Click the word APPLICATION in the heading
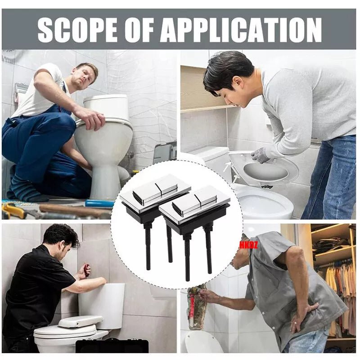click(241, 29)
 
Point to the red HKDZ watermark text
click(248, 245)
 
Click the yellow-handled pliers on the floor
click(14, 210)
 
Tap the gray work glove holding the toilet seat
click(261, 155)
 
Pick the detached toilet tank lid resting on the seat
click(81, 321)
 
